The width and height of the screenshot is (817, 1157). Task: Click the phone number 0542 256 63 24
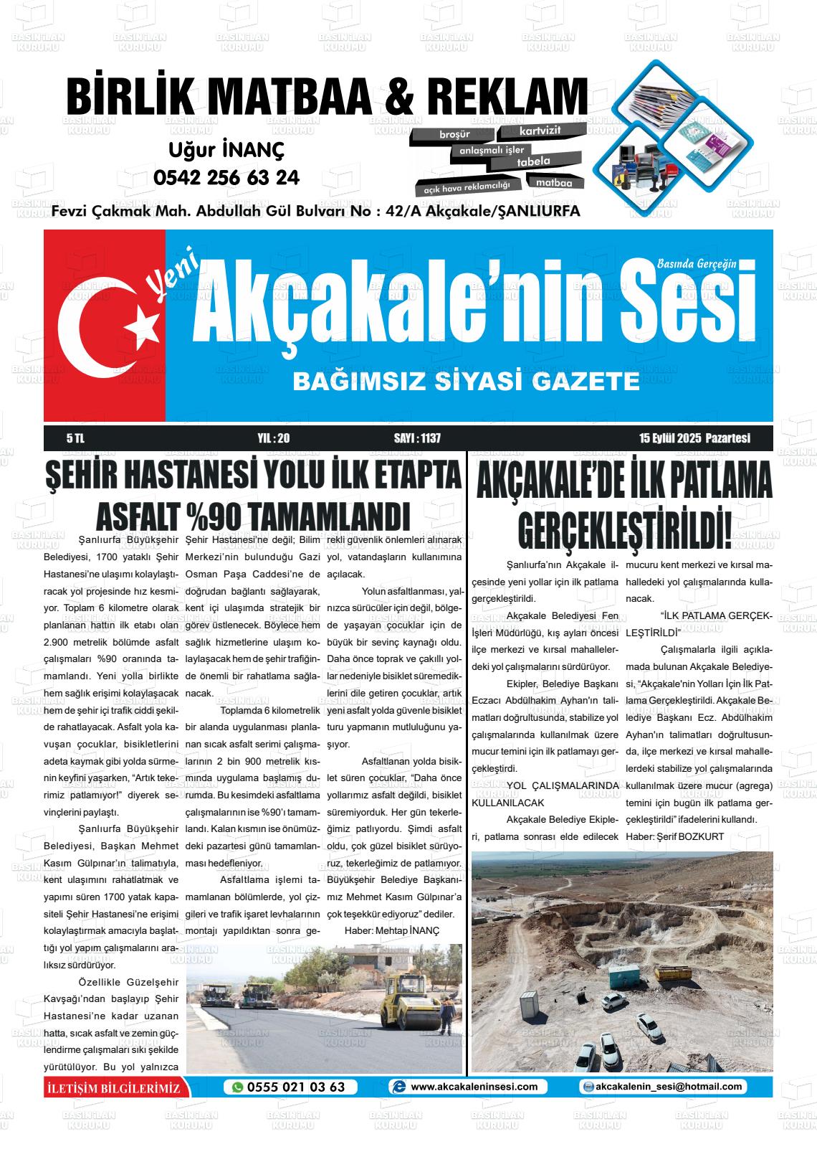pyautogui.click(x=226, y=177)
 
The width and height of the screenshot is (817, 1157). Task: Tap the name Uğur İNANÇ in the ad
pyautogui.click(x=226, y=150)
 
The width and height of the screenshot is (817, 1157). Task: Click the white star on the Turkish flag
pyautogui.click(x=141, y=328)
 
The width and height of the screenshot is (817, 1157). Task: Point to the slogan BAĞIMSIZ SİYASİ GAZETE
pyautogui.click(x=466, y=382)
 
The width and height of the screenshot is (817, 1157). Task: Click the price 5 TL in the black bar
pyautogui.click(x=75, y=438)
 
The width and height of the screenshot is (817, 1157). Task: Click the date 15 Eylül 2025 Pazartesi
pyautogui.click(x=694, y=438)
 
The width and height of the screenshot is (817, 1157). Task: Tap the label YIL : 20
pyautogui.click(x=273, y=438)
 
